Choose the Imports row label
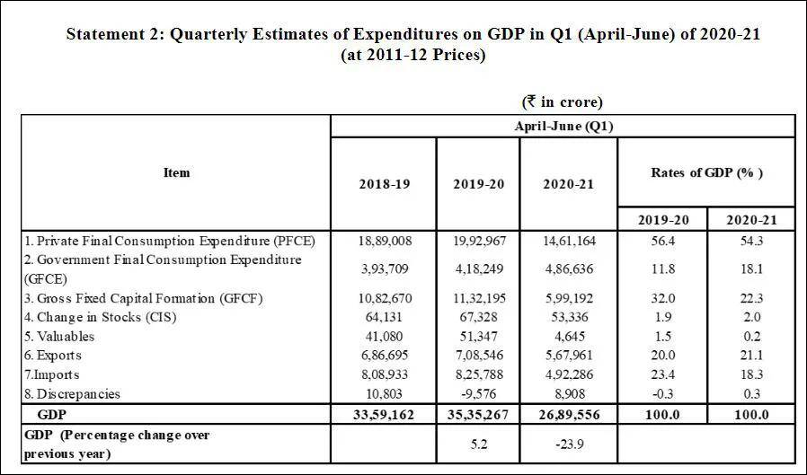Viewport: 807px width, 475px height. pos(53,374)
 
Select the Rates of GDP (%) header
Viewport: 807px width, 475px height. pos(706,172)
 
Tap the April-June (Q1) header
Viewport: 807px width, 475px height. pos(563,126)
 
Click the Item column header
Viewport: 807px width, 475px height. pos(176,172)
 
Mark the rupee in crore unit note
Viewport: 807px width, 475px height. pos(563,101)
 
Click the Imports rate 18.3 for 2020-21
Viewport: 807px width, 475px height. pos(750,374)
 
